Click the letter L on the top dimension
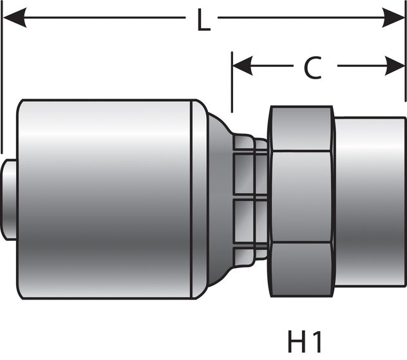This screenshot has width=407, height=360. coord(203,21)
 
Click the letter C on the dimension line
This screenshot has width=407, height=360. coord(313,68)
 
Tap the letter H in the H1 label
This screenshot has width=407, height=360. coord(296,339)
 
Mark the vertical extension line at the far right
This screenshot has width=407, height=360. coord(405,58)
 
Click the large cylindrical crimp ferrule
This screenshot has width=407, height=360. coord(103,200)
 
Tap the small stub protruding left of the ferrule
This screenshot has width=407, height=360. coord(9,200)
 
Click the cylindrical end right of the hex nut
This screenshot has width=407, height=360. coord(369,200)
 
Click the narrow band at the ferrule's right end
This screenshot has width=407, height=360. coord(200,200)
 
